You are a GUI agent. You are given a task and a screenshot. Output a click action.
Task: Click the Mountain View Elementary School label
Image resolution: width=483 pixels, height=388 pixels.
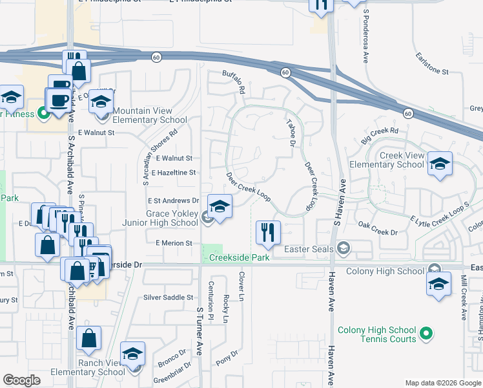pyautogui.click(x=150, y=115)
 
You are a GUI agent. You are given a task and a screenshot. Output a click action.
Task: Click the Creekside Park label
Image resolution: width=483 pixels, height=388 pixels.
pyautogui.click(x=238, y=258)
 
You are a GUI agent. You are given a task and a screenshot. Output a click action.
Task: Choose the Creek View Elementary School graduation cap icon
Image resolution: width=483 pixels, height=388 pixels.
pyautogui.click(x=440, y=164)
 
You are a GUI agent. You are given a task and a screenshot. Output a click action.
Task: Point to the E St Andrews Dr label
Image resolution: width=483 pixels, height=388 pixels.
pyautogui.click(x=174, y=201)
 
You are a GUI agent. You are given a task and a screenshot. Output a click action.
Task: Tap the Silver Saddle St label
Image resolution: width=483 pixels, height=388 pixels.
pyautogui.click(x=168, y=297)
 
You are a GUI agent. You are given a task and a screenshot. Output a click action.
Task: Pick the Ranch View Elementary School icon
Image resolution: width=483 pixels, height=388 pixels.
pyautogui.click(x=132, y=354)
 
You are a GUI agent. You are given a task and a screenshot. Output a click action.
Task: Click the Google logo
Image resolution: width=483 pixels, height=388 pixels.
pyautogui.click(x=21, y=380)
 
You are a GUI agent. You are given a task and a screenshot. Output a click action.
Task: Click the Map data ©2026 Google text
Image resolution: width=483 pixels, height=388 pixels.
pyautogui.click(x=442, y=383)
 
